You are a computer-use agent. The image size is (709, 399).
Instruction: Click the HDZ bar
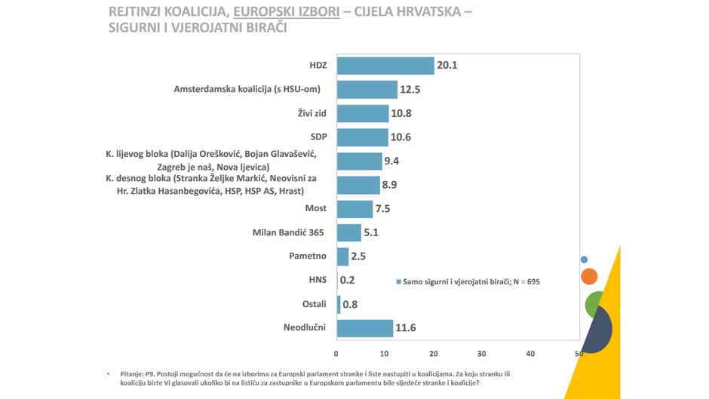pyautogui.click(x=385, y=66)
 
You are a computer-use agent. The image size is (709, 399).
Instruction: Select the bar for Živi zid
pyautogui.click(x=363, y=113)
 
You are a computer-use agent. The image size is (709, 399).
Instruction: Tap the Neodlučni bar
pyautogui.click(x=365, y=328)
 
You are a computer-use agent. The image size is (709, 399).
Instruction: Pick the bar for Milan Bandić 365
pyautogui.click(x=349, y=232)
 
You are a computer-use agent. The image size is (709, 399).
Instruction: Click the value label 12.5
pyautogui.click(x=410, y=89)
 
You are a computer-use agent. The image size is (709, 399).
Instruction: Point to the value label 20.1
pyautogui.click(x=447, y=66)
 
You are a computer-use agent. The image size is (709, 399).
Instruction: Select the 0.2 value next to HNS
pyautogui.click(x=347, y=280)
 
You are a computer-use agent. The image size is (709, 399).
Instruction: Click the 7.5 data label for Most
pyautogui.click(x=382, y=209)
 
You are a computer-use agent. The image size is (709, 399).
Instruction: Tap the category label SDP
pyautogui.click(x=318, y=137)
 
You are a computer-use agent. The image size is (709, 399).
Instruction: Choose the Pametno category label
pyautogui.click(x=308, y=256)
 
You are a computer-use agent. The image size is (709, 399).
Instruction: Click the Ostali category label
pyautogui.click(x=314, y=304)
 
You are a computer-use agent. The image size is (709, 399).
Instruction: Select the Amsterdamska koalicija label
pyautogui.click(x=247, y=89)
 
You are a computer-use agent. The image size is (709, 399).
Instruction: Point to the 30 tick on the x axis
pyautogui.click(x=482, y=354)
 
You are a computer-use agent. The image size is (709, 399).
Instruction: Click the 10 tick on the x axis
pyautogui.click(x=385, y=354)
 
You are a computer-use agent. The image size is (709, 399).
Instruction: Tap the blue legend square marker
pyautogui.click(x=398, y=282)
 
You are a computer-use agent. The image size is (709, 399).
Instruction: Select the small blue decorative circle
pyautogui.click(x=584, y=259)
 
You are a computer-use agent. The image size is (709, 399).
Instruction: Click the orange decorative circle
pyautogui.click(x=589, y=277)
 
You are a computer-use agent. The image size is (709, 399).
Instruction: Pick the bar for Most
pyautogui.click(x=355, y=209)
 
